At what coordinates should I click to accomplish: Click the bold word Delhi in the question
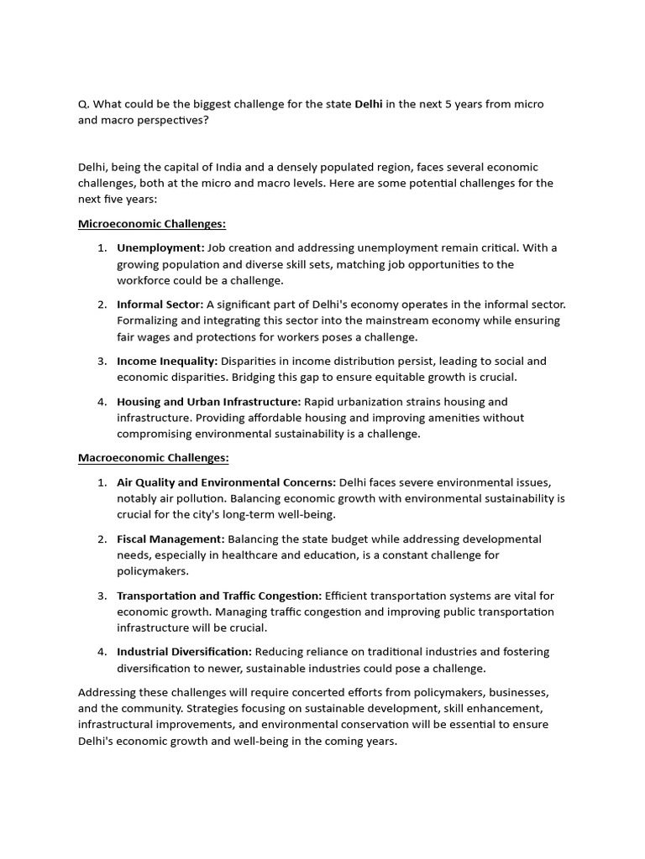(369, 104)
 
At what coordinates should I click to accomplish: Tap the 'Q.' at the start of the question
(83, 104)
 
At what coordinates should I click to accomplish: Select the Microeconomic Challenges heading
(152, 224)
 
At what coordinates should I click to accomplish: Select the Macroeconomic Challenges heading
(154, 458)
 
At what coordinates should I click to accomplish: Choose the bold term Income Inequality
(167, 362)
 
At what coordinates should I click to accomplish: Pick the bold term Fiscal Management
(170, 539)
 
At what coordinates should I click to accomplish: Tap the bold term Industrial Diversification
(184, 652)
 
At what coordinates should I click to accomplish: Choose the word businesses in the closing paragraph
(517, 693)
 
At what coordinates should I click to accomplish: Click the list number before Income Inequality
(101, 362)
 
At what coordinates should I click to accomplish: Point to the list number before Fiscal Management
(101, 539)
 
